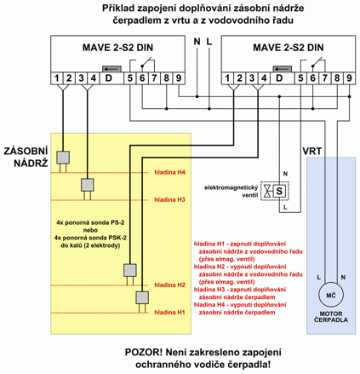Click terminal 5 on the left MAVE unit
coord(130,78)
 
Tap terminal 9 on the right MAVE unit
coord(349,78)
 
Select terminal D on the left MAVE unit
coord(109,78)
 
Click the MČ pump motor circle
coord(331,295)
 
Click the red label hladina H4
coord(169,172)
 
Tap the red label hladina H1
coord(169,313)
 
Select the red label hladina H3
coord(169,200)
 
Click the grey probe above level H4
coord(63,158)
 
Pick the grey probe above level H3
coord(88,185)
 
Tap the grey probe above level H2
coord(130,270)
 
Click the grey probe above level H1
coord(142,298)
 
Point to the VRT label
coord(312,152)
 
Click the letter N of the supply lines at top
coord(197,42)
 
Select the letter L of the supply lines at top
coord(209,42)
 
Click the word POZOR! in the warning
coord(144,353)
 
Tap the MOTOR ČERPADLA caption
coord(331,317)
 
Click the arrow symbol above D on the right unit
coord(283,69)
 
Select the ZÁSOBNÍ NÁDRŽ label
coord(26,157)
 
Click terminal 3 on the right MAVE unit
coord(252,78)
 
